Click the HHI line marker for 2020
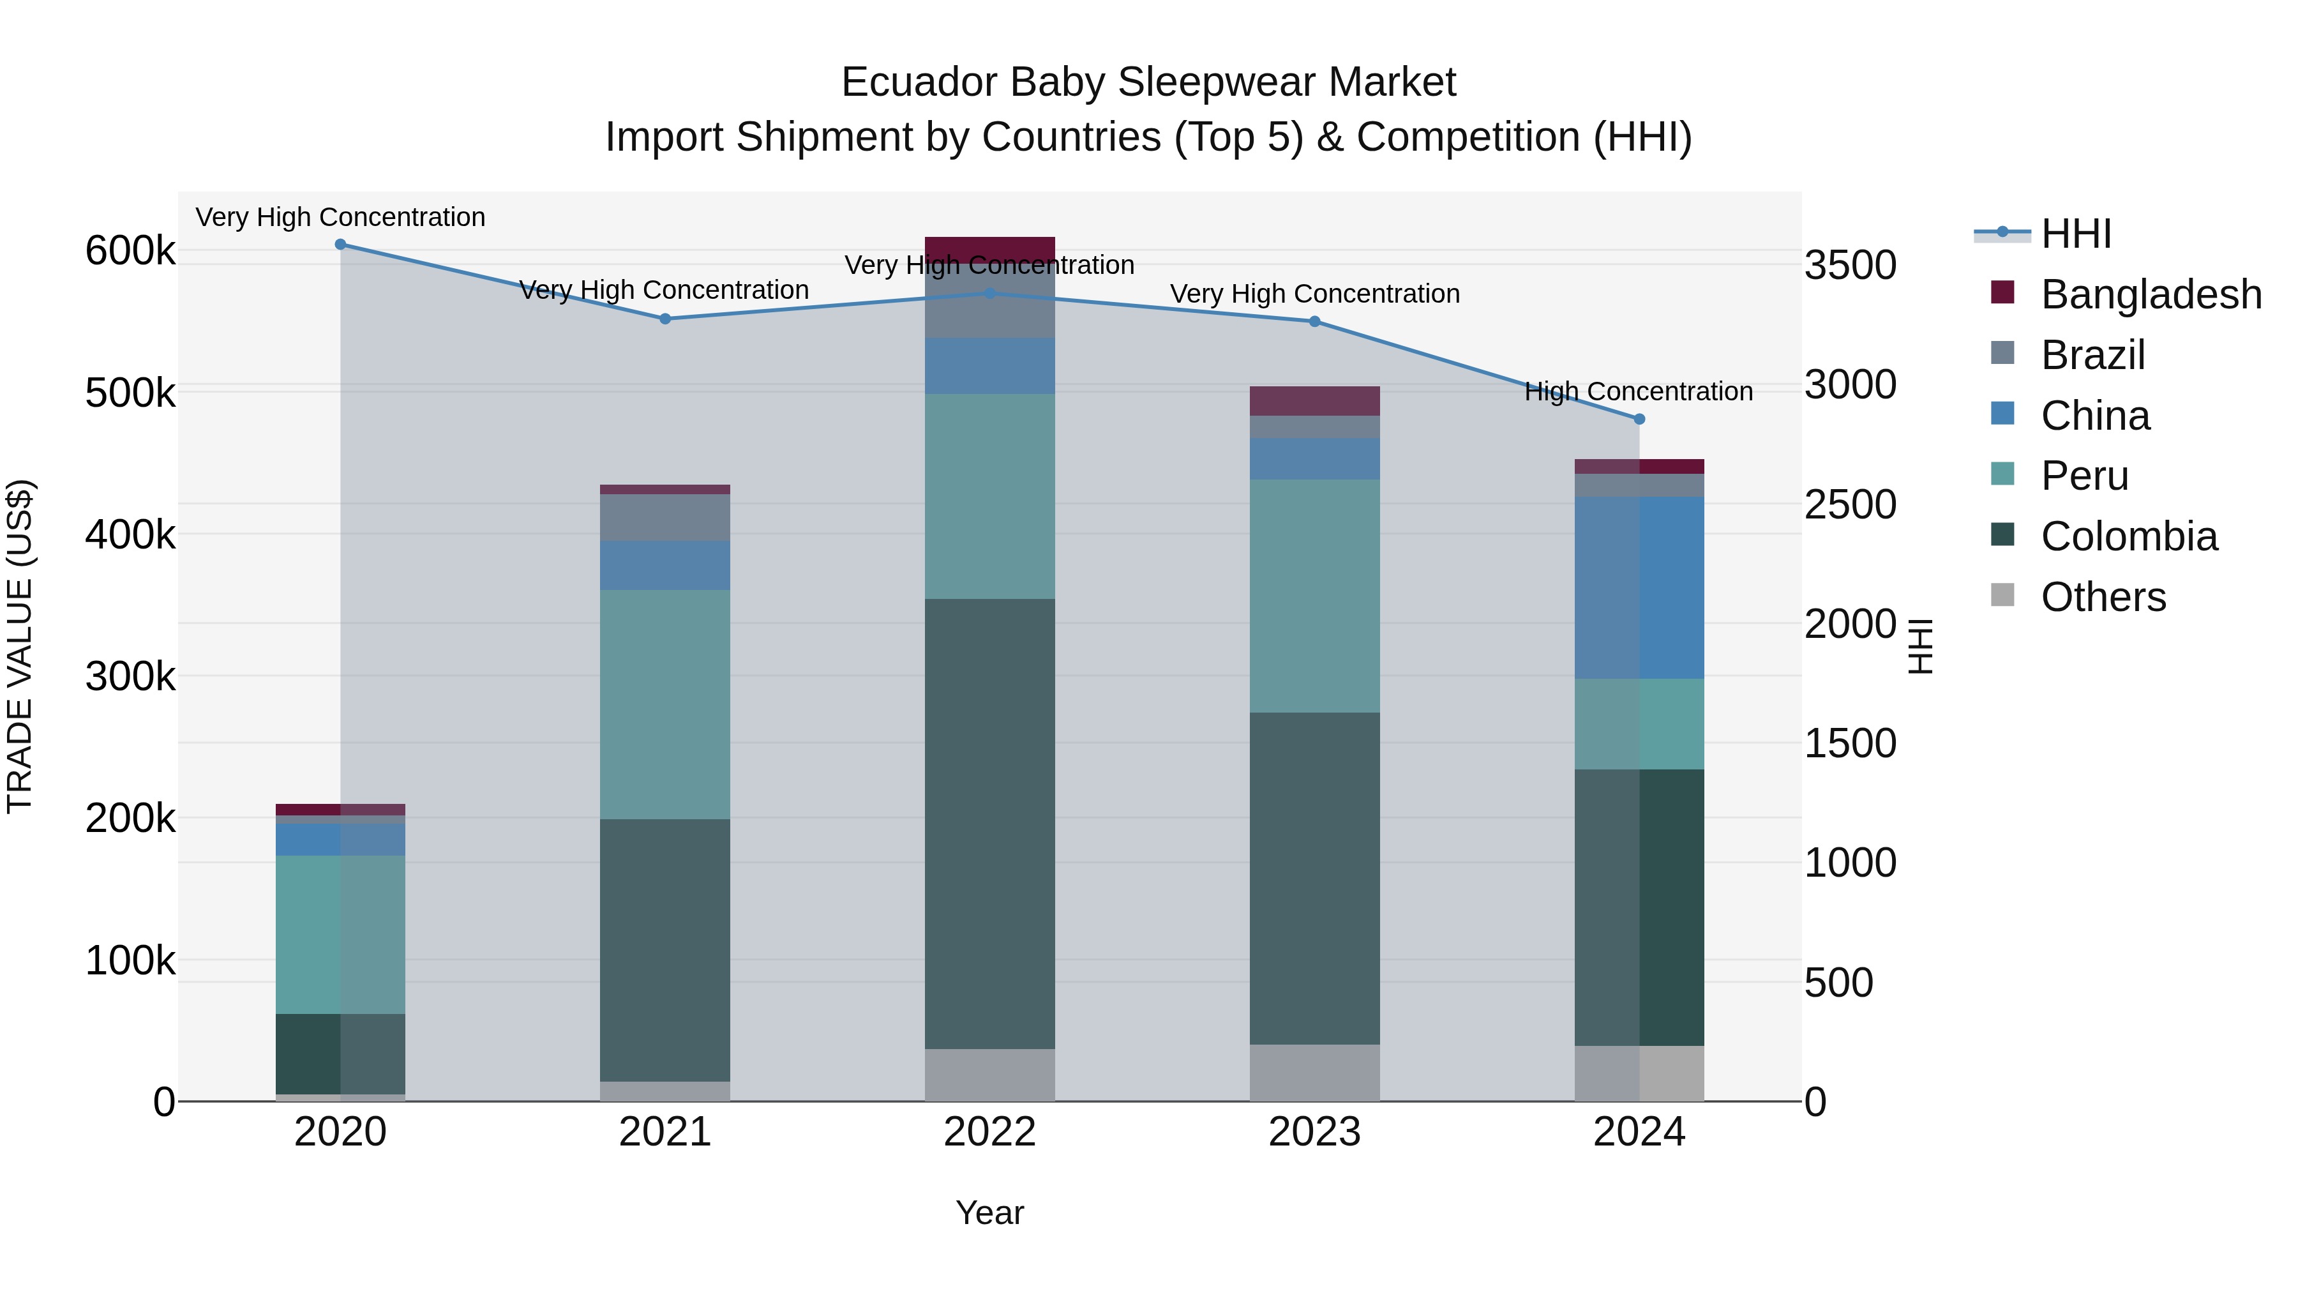coord(340,245)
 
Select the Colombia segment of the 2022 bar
coord(989,823)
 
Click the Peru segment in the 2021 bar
coord(665,704)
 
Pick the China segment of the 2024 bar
coord(1639,588)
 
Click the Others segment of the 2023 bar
coord(1314,1073)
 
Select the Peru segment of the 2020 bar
coord(340,934)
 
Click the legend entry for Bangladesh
coord(2150,294)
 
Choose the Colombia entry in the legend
coord(2128,536)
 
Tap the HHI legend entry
coord(2075,234)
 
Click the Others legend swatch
coord(2002,595)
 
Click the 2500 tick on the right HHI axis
coord(1850,505)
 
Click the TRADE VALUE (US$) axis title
coord(20,646)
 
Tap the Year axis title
coord(989,1213)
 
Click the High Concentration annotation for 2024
coord(1638,392)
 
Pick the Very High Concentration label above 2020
coord(340,218)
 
